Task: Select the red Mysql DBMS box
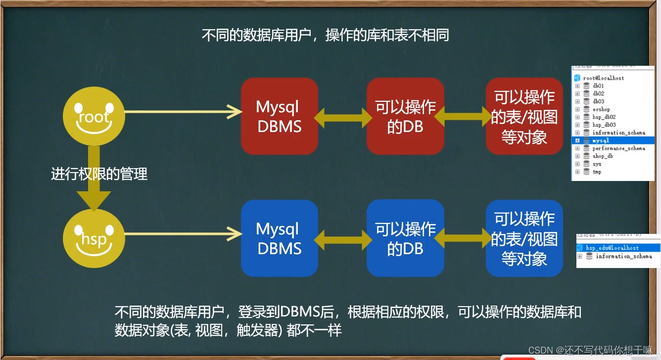coord(279,116)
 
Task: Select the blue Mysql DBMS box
coord(279,238)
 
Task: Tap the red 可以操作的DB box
coord(405,116)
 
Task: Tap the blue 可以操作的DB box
coord(405,238)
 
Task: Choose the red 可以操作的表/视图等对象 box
coord(524,116)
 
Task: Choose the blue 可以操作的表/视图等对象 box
coord(524,238)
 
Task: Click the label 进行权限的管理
coord(99,174)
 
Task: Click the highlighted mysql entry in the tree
coord(601,140)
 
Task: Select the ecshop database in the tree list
coord(601,109)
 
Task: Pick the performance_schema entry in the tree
coord(618,148)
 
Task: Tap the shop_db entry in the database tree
coord(603,156)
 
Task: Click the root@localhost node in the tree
coord(603,78)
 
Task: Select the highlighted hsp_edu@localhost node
coord(612,248)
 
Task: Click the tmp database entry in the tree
coord(597,172)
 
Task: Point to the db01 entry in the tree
coord(598,86)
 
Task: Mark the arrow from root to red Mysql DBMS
coord(183,112)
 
